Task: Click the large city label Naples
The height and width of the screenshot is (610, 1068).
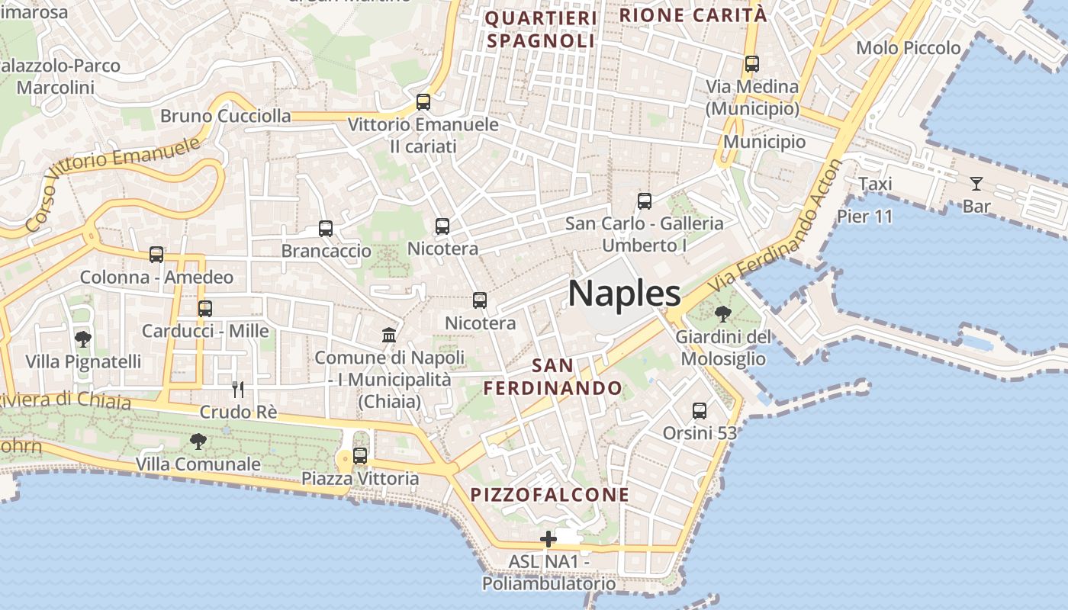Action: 624,294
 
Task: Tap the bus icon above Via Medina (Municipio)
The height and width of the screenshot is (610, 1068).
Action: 752,64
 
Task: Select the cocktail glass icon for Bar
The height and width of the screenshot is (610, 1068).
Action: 976,184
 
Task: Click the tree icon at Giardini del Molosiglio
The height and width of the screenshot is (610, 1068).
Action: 722,313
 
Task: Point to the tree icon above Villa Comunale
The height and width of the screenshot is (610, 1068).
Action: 198,441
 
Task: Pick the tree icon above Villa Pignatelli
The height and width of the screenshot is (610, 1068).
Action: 83,339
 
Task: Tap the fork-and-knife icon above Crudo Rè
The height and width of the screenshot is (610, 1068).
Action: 238,390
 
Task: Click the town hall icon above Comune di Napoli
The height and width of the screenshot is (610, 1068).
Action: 389,335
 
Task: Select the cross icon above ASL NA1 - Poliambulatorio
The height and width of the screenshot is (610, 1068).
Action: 548,539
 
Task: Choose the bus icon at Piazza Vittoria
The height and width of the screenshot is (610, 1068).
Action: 360,456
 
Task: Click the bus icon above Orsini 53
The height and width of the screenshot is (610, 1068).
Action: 700,411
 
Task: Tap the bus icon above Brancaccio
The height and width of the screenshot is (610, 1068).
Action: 326,228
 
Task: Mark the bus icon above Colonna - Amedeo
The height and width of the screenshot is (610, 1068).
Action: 156,255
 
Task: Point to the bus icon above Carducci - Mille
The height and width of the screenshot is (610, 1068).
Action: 205,309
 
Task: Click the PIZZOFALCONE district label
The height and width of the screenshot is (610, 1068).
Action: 550,495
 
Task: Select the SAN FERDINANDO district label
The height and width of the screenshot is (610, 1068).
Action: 552,377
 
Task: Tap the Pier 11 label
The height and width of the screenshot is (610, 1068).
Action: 864,216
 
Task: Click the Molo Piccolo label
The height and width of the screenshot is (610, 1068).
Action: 908,48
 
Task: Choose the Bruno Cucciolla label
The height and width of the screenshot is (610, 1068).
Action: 226,116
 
